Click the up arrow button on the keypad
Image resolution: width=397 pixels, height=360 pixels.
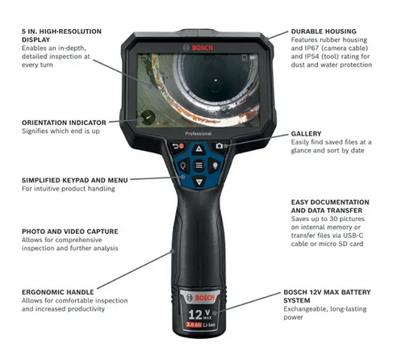(198, 149)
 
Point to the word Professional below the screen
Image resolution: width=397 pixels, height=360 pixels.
(198, 129)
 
